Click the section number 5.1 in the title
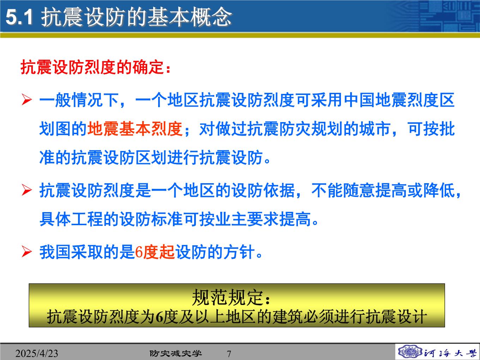(x=19, y=17)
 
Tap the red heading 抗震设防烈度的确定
(x=92, y=67)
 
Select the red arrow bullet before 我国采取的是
(x=27, y=252)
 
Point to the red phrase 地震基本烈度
(x=135, y=129)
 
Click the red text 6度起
(x=155, y=252)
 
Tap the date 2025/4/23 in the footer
(x=37, y=353)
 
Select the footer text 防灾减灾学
(x=176, y=353)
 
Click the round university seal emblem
(x=410, y=352)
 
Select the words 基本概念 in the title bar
(x=190, y=17)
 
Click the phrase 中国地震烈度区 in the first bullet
(x=399, y=100)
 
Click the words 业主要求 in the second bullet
(x=247, y=219)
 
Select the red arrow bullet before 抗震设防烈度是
(x=27, y=190)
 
